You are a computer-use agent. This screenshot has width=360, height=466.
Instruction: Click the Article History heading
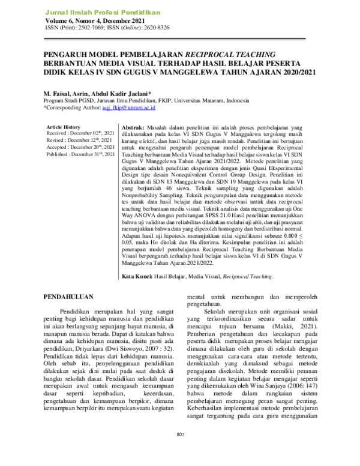63,127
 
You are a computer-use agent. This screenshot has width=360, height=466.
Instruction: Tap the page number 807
180,451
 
